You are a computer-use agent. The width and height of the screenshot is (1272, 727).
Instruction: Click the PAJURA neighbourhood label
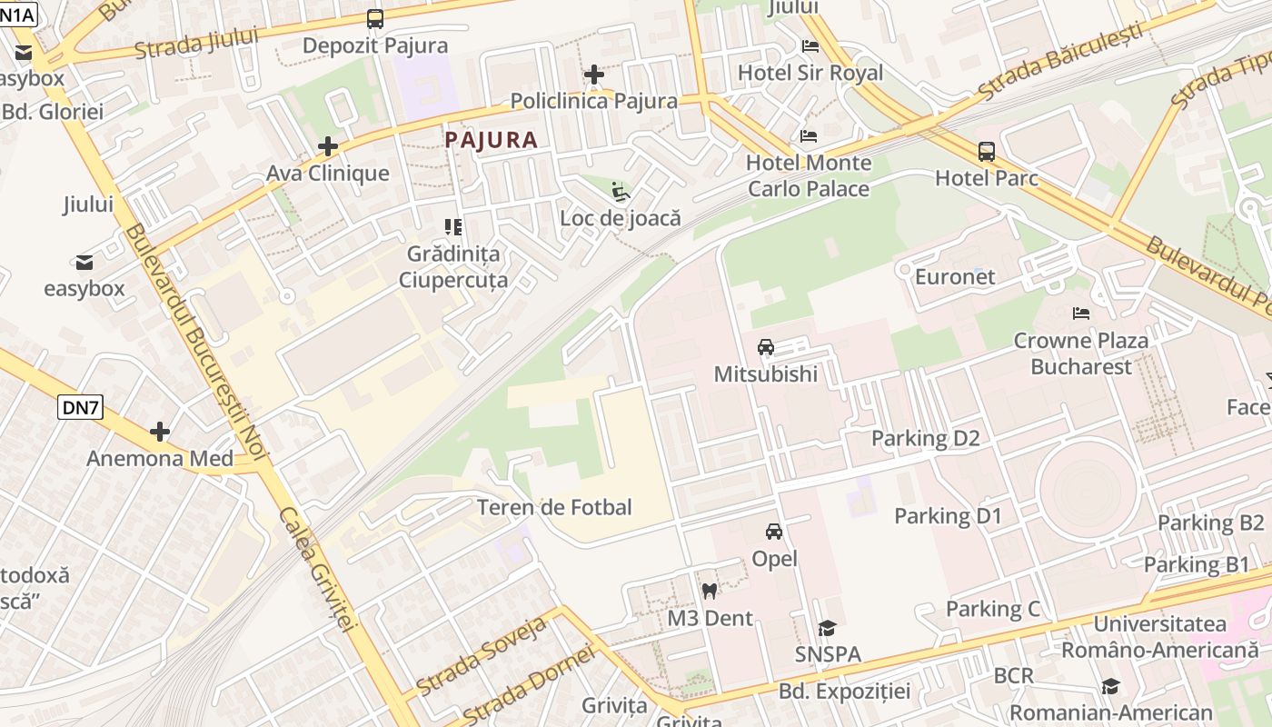[492, 140]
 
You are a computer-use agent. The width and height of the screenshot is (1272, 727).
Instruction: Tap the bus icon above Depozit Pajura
[374, 18]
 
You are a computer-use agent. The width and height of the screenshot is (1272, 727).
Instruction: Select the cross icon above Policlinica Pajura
[594, 75]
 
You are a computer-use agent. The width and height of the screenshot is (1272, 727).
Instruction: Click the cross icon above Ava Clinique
[328, 146]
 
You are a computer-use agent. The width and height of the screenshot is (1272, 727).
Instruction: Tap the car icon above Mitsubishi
[766, 347]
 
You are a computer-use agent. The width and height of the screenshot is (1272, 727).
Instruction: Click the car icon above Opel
[774, 532]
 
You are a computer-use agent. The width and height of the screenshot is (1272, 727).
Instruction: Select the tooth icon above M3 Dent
[710, 591]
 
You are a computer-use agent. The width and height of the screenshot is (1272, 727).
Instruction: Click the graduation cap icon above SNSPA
[827, 628]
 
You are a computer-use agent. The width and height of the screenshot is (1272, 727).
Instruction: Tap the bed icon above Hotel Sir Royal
[810, 45]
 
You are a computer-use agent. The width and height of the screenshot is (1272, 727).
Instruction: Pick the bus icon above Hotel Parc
[987, 151]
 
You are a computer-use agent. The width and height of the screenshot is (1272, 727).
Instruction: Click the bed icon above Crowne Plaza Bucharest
[1081, 313]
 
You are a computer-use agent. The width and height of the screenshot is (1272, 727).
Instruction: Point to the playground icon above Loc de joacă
[621, 192]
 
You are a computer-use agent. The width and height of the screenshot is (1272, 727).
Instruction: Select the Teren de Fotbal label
[554, 507]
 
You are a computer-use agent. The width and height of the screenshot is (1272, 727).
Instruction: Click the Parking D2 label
[926, 438]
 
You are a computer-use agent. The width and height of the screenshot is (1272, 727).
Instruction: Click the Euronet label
[955, 276]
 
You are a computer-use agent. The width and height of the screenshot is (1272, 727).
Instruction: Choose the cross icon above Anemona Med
[160, 431]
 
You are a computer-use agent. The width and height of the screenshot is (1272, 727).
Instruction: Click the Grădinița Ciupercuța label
[453, 266]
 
